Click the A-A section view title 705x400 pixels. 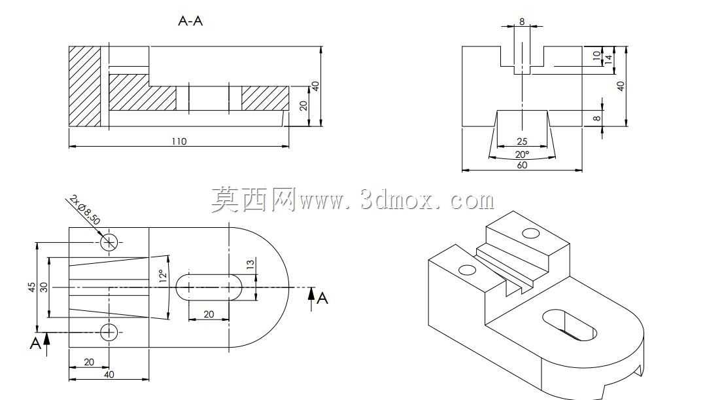191,21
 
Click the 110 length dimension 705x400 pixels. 179,141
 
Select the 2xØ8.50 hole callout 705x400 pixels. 85,210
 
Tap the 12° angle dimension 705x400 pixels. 162,276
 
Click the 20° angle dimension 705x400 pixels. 522,155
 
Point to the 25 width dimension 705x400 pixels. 522,141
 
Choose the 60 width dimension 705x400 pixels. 522,165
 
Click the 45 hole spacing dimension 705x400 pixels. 31,287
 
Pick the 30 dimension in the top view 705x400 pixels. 44,287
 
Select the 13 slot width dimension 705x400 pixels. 250,264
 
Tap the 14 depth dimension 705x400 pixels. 608,58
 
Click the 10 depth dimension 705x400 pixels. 596,56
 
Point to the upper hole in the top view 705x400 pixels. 109,242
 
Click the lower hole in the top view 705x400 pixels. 109,333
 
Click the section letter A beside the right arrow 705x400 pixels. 322,299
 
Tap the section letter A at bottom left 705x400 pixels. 35,343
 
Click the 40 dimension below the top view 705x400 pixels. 109,374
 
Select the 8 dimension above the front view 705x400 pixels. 522,21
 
